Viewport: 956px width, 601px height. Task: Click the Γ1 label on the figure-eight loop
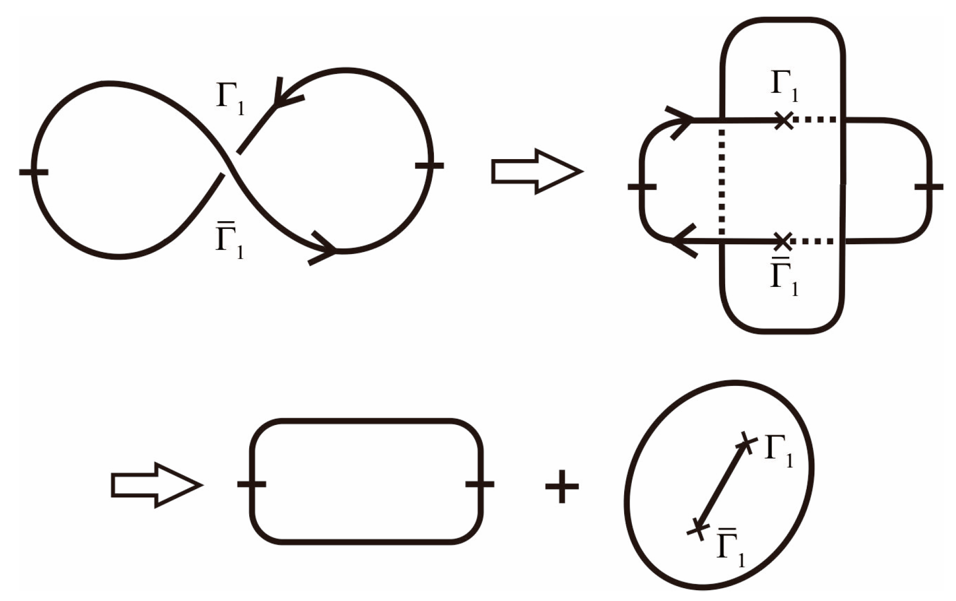(x=230, y=98)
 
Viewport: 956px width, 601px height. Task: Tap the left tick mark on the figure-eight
(x=34, y=172)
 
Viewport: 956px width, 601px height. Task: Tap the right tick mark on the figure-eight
(x=429, y=165)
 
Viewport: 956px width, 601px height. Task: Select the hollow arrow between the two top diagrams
(x=536, y=171)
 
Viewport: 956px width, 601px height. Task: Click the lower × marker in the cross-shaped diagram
(x=782, y=240)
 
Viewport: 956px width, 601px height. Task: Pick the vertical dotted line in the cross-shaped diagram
(x=722, y=180)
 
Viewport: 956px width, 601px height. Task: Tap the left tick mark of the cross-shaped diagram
(x=642, y=187)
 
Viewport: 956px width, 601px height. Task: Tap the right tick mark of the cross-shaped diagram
(x=929, y=187)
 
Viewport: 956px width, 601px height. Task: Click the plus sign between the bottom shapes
(x=562, y=486)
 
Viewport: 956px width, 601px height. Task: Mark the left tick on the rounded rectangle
(x=252, y=484)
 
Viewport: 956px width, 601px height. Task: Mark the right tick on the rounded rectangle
(x=480, y=484)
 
